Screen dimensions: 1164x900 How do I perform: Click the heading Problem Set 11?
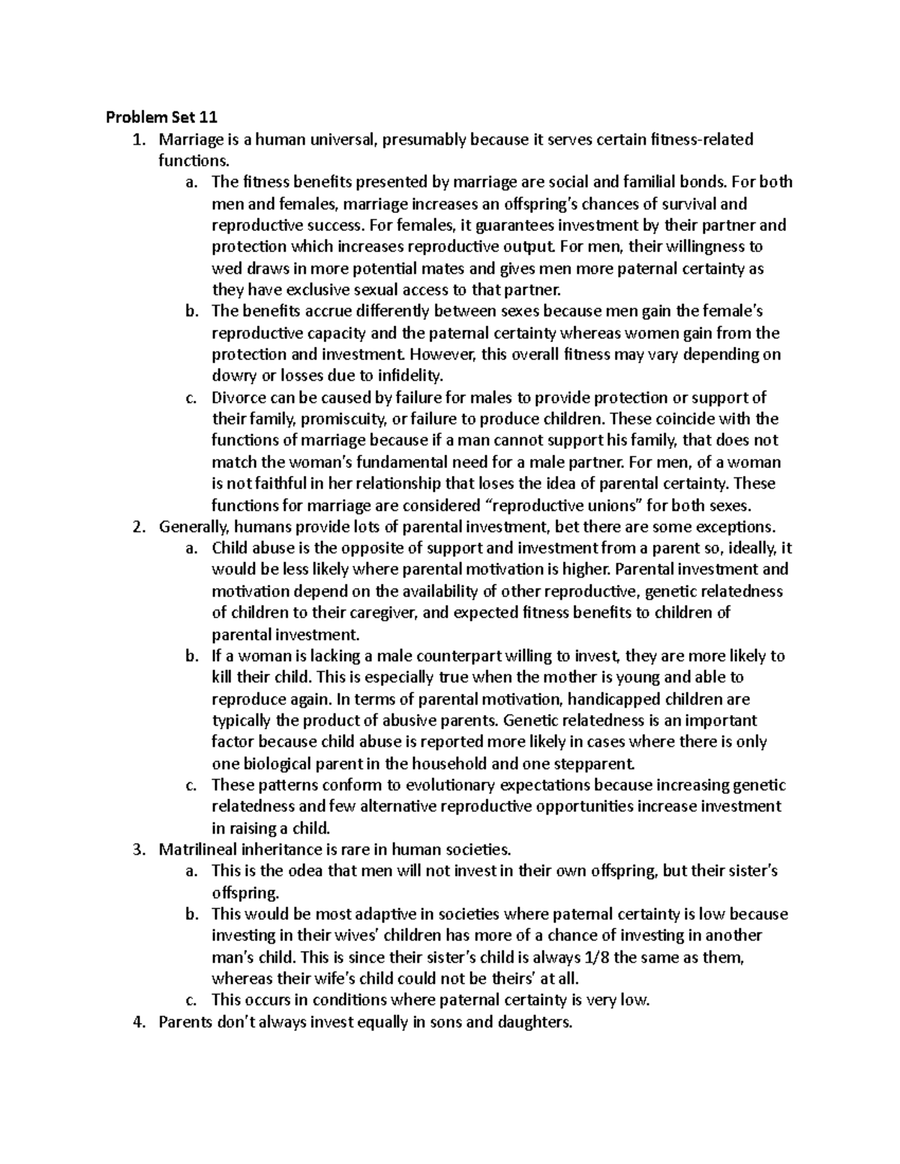coord(160,117)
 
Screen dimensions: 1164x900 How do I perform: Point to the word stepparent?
coord(595,765)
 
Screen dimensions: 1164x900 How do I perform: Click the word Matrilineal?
coord(196,851)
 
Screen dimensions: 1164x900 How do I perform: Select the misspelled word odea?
coord(340,872)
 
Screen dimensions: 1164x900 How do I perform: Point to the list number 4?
coord(136,1023)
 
